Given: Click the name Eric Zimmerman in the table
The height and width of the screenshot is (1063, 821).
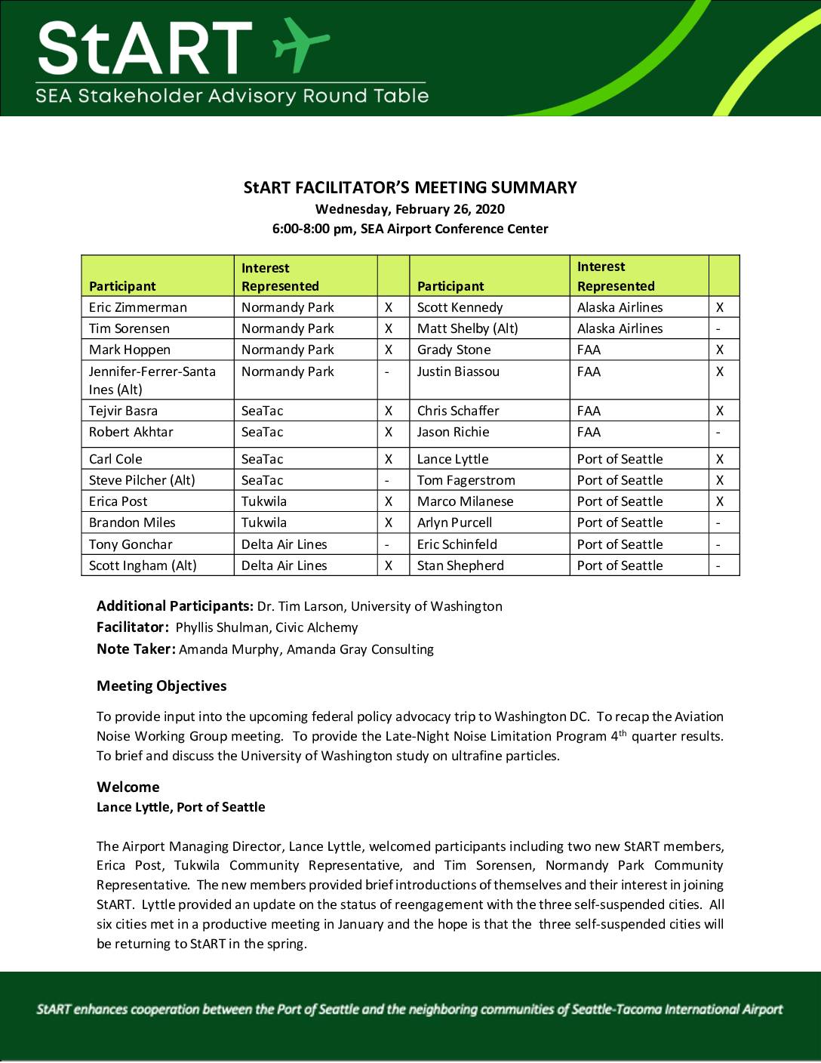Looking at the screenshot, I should coord(138,307).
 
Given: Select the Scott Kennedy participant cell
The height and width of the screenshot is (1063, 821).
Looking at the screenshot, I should coord(460,307).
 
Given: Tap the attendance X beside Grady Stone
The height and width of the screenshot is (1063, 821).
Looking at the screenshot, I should coord(720,350).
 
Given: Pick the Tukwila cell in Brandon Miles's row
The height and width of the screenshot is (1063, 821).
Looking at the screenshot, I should coord(264,522).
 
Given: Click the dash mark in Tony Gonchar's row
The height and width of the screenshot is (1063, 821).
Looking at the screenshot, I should coord(387,544).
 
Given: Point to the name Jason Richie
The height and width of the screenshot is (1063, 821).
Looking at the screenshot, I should coord(453,432).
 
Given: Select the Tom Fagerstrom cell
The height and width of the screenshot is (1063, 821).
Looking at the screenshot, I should coord(466,480).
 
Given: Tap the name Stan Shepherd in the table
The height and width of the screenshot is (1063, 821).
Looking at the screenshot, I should coord(460,565).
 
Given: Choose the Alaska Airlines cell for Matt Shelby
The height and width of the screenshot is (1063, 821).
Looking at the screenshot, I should coord(620,328).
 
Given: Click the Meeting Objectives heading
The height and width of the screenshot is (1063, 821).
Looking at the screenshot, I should coord(161,686).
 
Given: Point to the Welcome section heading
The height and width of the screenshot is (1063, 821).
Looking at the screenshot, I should coord(128,787).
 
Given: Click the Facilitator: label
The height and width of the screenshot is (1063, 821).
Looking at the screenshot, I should coord(133,627).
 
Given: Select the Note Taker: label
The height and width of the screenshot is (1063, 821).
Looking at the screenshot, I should coord(136,649).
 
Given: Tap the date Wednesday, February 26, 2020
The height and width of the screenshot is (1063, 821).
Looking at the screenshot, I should coord(410,209).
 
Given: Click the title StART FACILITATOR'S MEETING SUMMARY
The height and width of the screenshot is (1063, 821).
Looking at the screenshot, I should coord(410,187).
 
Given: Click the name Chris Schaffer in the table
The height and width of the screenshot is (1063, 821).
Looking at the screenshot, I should coord(458,411).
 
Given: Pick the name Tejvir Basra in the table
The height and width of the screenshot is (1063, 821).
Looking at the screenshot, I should coord(123,411).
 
